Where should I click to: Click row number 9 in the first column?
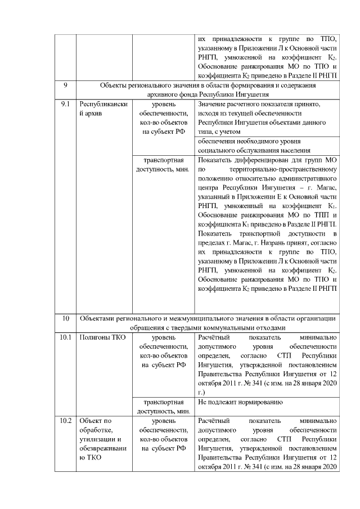point(65,85)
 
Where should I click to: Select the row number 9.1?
point(65,105)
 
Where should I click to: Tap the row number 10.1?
point(65,337)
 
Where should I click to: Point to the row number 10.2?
point(65,420)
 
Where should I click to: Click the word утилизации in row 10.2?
point(96,438)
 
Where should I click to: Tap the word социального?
point(217,150)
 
